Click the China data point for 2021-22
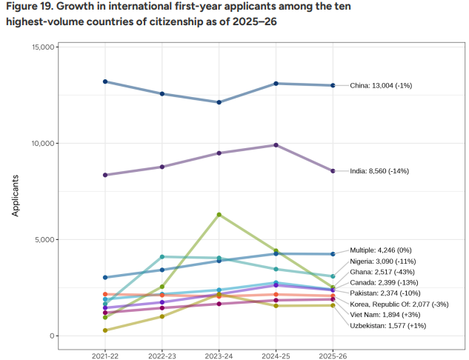tap(105, 81)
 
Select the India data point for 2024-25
tap(276, 145)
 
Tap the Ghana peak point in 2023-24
tap(219, 215)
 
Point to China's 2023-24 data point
tap(219, 102)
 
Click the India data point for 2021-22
tap(105, 175)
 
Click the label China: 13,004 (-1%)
tap(380, 86)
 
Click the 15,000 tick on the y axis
tap(43, 47)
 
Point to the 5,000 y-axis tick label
tap(45, 240)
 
